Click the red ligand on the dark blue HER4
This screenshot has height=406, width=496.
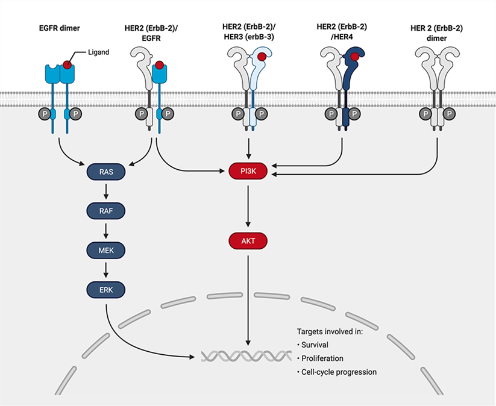click(x=356, y=57)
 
